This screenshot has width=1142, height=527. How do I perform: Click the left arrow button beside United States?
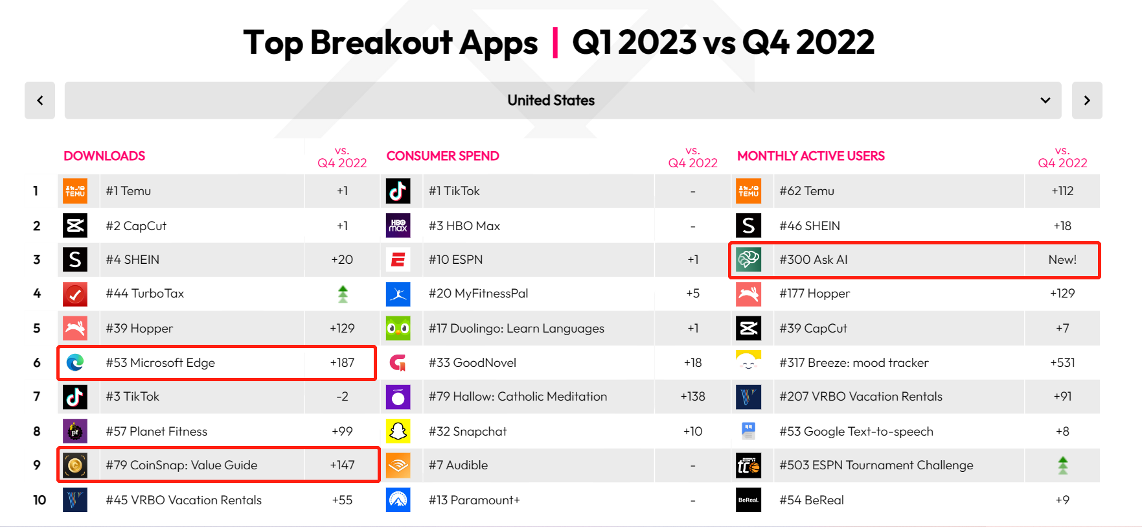[40, 100]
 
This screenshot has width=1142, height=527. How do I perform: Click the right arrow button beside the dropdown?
[1086, 100]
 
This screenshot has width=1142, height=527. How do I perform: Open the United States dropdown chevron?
[1045, 100]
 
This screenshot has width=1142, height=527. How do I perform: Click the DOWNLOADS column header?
[104, 156]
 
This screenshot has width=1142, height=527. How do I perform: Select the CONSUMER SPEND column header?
[442, 156]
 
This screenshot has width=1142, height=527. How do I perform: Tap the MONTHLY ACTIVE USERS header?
[810, 156]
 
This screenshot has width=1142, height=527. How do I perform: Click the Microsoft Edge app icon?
[75, 362]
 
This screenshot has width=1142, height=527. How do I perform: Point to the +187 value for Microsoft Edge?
[342, 362]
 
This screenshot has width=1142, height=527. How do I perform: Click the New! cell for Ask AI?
[1062, 260]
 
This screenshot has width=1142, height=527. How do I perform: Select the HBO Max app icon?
[398, 226]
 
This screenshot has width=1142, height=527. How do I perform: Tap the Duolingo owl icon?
[398, 328]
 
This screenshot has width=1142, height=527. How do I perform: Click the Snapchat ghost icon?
[398, 431]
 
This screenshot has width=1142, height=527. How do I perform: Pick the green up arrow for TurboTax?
[343, 294]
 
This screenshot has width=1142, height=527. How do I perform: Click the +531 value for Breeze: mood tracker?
[1062, 362]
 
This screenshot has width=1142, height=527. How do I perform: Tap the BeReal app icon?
[748, 500]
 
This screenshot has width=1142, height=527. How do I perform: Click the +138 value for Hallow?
[692, 397]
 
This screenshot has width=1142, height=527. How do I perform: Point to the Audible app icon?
[398, 465]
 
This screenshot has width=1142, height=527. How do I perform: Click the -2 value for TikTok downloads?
[342, 397]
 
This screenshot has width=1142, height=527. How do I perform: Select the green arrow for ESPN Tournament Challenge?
[1062, 465]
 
